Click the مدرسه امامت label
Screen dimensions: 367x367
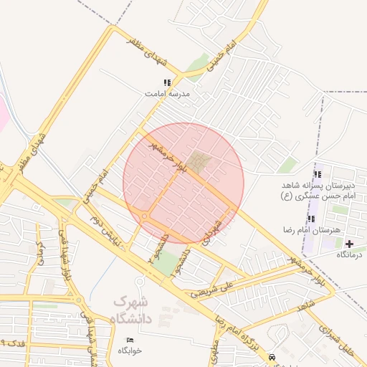point(166,94)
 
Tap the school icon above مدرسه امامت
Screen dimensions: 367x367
point(167,82)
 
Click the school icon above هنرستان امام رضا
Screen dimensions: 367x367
point(311,219)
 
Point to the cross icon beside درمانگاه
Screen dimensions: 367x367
point(349,244)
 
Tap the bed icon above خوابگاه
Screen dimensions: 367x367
point(130,340)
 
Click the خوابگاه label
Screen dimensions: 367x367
point(130,351)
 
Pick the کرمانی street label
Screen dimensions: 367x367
point(41,252)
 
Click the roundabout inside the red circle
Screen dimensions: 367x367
point(145,216)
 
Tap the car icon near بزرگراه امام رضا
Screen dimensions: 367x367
point(271,356)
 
